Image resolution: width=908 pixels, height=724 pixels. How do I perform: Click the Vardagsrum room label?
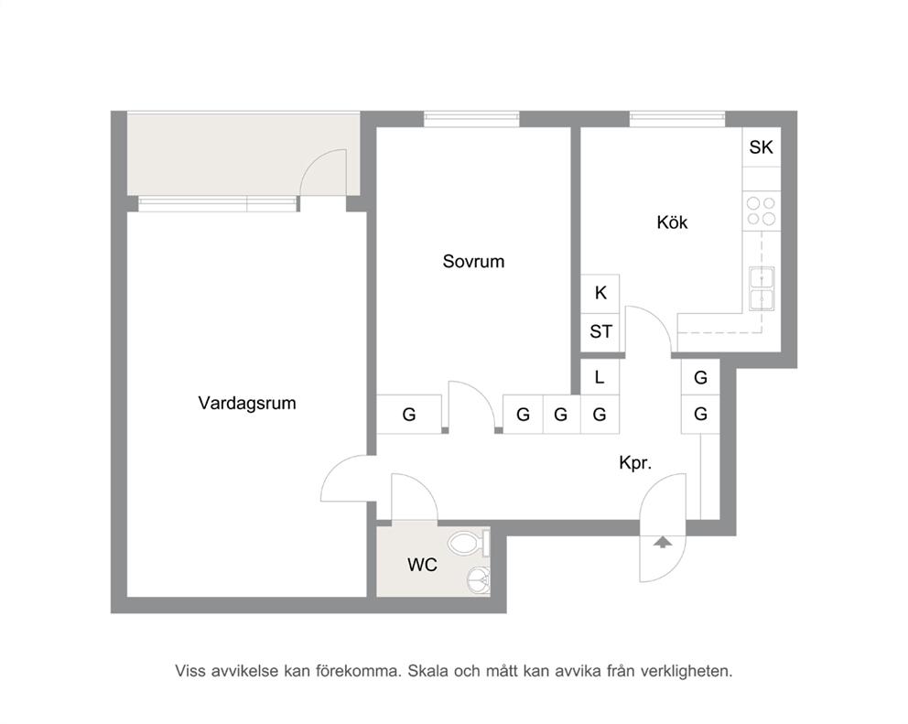[x=247, y=403]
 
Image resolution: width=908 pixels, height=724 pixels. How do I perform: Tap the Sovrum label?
[x=474, y=261]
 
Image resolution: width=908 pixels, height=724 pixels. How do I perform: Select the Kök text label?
[x=672, y=222]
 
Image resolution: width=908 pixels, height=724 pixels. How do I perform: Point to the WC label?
[x=422, y=565]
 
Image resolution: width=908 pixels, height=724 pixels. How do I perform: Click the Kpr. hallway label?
[x=635, y=463]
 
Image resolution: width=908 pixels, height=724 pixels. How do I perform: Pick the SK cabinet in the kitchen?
[x=762, y=147]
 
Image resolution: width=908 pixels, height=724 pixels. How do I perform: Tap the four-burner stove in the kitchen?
[x=762, y=211]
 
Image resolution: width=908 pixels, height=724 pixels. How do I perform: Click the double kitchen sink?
[x=762, y=288]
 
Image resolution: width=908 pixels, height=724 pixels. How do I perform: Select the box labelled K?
[x=600, y=293]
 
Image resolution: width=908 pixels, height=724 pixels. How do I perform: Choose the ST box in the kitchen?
[x=600, y=332]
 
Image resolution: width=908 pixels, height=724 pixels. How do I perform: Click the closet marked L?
[x=600, y=377]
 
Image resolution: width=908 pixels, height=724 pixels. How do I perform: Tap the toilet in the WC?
[x=469, y=544]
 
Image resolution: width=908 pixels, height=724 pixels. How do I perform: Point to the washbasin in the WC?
[x=479, y=579]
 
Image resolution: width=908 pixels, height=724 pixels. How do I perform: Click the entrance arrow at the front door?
[x=663, y=542]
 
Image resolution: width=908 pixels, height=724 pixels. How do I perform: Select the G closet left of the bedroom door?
[x=409, y=414]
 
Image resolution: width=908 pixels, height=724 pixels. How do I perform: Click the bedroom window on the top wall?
[x=471, y=119]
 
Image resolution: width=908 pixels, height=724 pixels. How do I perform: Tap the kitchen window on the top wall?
[x=677, y=119]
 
